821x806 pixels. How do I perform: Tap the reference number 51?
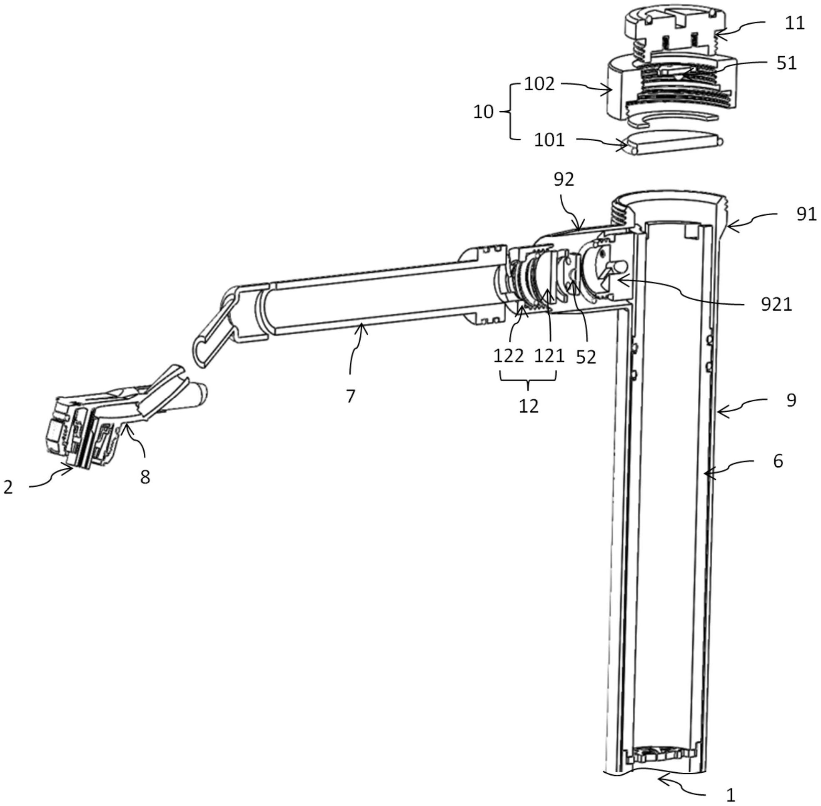(787, 64)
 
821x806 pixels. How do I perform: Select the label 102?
(539, 84)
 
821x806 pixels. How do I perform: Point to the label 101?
(549, 140)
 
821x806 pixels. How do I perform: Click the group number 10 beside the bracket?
(483, 112)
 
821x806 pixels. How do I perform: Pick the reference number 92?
(564, 180)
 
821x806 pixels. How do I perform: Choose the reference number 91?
(806, 215)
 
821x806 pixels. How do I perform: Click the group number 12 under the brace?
(529, 406)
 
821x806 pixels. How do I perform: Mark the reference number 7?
(350, 396)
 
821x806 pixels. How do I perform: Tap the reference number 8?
(145, 478)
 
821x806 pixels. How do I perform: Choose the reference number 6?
(778, 461)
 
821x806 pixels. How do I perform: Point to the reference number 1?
(731, 796)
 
